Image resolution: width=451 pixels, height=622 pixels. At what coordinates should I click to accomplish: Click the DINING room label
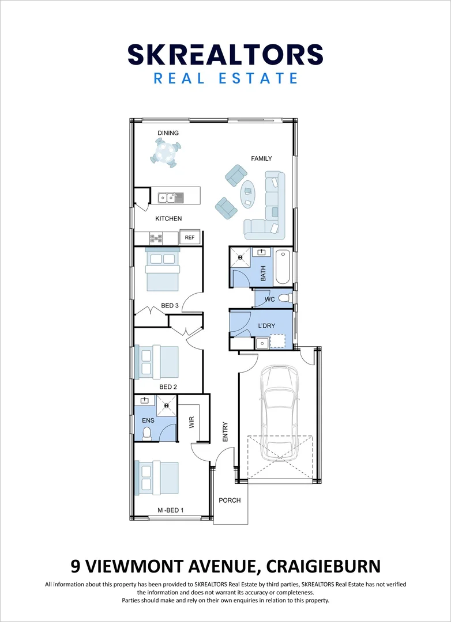pos(168,133)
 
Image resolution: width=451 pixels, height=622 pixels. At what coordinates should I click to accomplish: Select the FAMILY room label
pos(261,158)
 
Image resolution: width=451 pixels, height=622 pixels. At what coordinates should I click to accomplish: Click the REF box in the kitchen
pos(190,237)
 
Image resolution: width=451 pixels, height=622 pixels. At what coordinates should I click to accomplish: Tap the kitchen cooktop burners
pos(156,237)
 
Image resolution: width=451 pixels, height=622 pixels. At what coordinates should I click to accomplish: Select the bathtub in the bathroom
pos(283,267)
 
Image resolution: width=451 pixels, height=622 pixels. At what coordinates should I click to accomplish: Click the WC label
pos(269,300)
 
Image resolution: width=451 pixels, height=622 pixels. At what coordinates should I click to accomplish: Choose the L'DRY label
pos(266,326)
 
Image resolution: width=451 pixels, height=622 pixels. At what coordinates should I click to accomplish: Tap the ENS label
pos(148,421)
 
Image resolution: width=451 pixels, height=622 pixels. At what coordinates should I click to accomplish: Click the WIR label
pos(191,423)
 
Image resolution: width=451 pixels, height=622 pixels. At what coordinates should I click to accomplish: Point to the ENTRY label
pos(225,432)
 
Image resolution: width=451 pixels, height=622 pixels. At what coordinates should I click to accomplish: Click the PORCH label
pos(230,500)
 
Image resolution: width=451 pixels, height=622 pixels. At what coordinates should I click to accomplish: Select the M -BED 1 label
pos(171,510)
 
